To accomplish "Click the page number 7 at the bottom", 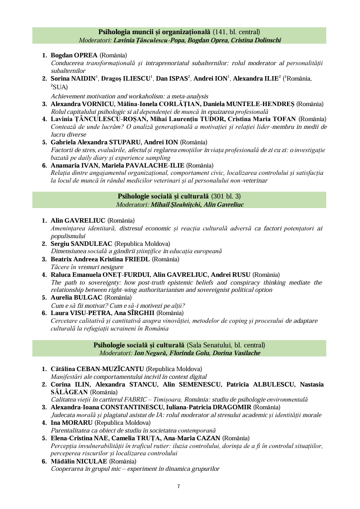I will [x=179, y=487].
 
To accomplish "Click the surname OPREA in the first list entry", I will [x=85, y=55].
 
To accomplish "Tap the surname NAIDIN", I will [x=82, y=79].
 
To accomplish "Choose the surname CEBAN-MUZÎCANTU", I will [x=111, y=369].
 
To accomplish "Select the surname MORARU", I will [x=76, y=423].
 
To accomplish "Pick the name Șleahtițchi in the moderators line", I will [x=180, y=205].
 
